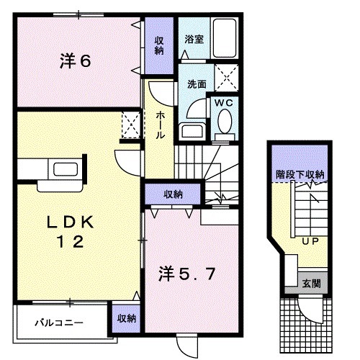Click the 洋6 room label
coord(74,62)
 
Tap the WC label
coord(222,104)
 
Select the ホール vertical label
coord(160,126)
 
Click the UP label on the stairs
coord(310,241)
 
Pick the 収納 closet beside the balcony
coord(125,317)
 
